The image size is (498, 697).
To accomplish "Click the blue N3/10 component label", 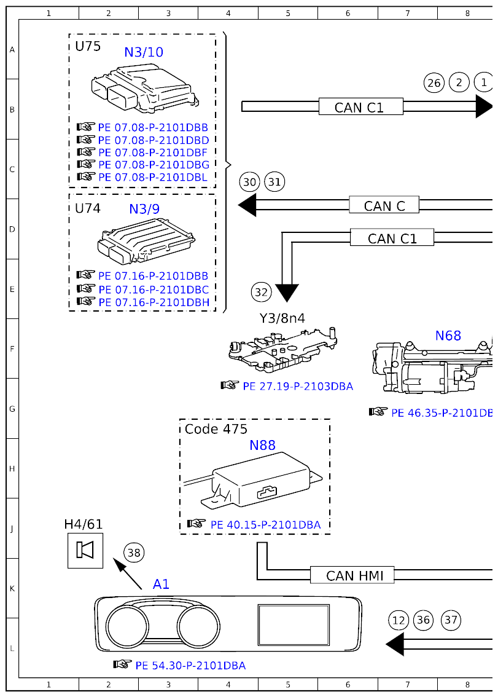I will [x=144, y=52].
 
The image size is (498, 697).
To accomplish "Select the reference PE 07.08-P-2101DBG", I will [x=154, y=165].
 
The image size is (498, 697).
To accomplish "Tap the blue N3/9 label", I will [x=144, y=209].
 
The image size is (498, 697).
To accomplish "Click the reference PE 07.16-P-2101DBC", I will [x=154, y=289].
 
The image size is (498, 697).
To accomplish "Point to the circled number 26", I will [x=434, y=83].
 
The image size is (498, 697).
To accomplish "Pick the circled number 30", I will [x=249, y=183].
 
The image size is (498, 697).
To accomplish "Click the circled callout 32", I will [x=262, y=292].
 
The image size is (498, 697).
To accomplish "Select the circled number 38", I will [x=134, y=553].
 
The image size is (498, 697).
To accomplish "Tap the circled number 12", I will [x=399, y=620].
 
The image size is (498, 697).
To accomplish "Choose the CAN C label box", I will [x=384, y=205].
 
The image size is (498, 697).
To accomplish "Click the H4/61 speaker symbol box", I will [x=85, y=550].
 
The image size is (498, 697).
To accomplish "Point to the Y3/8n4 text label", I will [x=282, y=318].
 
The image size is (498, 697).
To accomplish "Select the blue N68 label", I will [x=448, y=336].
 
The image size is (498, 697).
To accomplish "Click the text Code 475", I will [x=216, y=429].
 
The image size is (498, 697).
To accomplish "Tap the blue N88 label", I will [x=262, y=445].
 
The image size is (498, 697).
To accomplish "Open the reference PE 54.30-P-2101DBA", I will [x=190, y=666].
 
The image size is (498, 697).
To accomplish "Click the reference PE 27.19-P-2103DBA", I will [x=298, y=387].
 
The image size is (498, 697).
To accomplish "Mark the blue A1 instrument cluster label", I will [x=161, y=584].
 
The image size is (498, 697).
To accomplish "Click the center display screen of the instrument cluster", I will [x=294, y=624].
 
